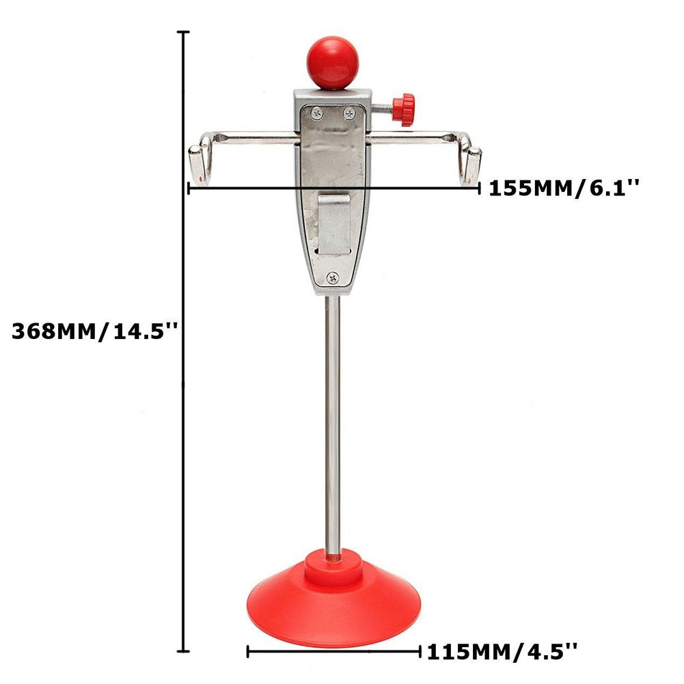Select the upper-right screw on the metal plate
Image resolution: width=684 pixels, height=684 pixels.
point(349,111)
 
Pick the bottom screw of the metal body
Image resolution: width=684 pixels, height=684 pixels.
point(332,277)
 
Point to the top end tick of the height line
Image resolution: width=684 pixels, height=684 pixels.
point(184,32)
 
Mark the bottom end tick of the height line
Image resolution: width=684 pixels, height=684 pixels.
point(184,651)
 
